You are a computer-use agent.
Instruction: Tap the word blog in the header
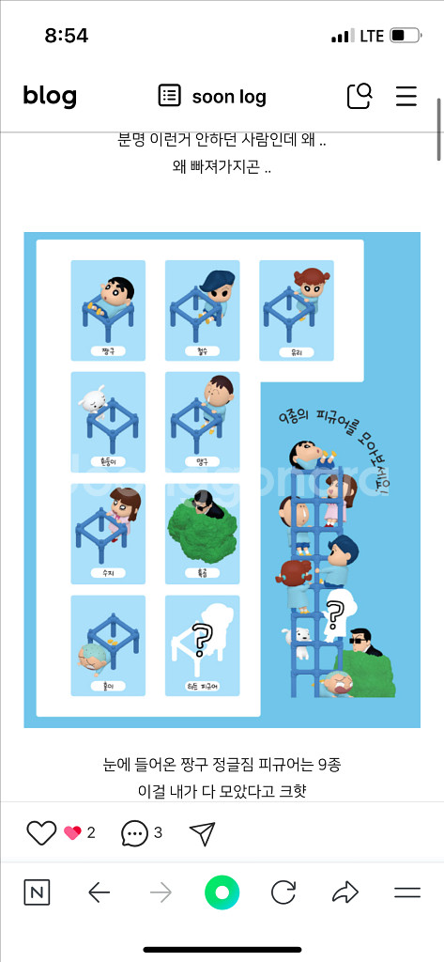click(x=50, y=96)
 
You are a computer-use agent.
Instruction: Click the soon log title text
click(x=229, y=97)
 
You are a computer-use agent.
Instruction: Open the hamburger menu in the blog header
click(x=406, y=96)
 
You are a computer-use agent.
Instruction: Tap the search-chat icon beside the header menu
click(x=360, y=96)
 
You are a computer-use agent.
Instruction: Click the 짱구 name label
click(x=108, y=350)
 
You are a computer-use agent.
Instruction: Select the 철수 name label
click(x=202, y=350)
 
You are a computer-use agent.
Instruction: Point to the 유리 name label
click(x=296, y=350)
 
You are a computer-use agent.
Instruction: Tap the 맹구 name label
click(x=202, y=462)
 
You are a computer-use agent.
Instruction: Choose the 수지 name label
click(x=108, y=573)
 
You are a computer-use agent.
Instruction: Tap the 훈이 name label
click(x=108, y=685)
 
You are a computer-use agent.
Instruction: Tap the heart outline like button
click(x=41, y=832)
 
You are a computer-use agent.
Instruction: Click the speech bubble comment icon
click(x=135, y=832)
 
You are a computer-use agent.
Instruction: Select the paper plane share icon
click(x=202, y=832)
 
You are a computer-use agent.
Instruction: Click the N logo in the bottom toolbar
click(x=37, y=892)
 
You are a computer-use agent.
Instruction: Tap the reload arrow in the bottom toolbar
click(x=283, y=892)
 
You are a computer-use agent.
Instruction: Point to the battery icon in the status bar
click(x=405, y=36)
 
